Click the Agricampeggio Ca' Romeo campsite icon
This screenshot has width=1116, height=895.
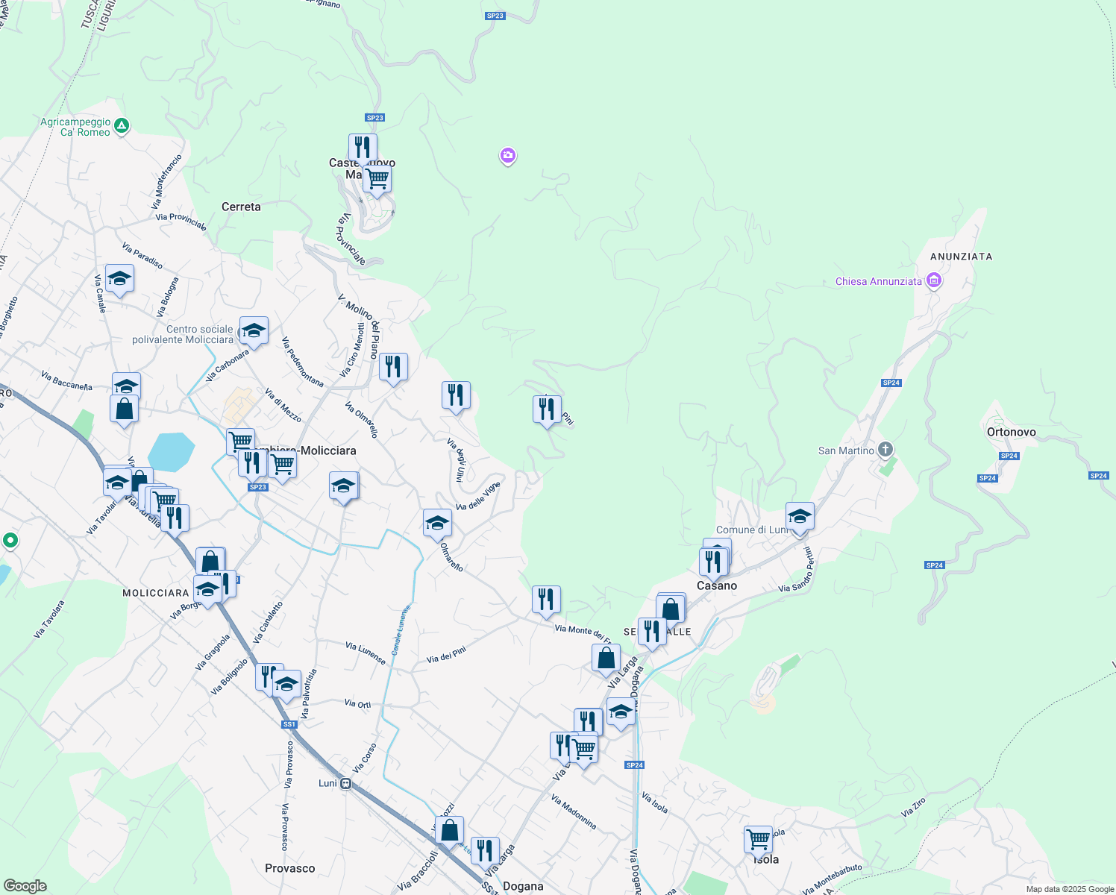[x=122, y=125]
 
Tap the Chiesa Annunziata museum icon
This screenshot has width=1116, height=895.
[x=933, y=280]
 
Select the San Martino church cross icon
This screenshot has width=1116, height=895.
[x=885, y=449]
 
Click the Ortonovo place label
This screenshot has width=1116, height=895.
[x=1011, y=432]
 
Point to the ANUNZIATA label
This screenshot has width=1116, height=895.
[x=961, y=257]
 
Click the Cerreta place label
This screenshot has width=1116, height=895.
[x=241, y=207]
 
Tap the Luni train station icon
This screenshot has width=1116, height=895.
[x=345, y=783]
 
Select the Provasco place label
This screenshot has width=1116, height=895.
[x=289, y=868]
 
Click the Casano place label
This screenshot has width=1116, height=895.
[x=717, y=586]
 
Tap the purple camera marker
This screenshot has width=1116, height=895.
[x=508, y=155]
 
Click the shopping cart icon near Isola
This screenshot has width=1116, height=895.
[x=758, y=839]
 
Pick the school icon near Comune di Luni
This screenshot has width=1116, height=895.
[x=800, y=516]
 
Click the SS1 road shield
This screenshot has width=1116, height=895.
[x=289, y=724]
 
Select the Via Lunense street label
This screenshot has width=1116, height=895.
[x=366, y=653]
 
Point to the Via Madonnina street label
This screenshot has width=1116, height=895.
[x=574, y=812]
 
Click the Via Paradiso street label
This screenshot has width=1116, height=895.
[x=142, y=256]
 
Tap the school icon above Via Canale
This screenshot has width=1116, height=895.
[x=119, y=279]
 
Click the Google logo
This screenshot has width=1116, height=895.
[x=25, y=886]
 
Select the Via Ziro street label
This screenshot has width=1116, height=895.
[x=913, y=808]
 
